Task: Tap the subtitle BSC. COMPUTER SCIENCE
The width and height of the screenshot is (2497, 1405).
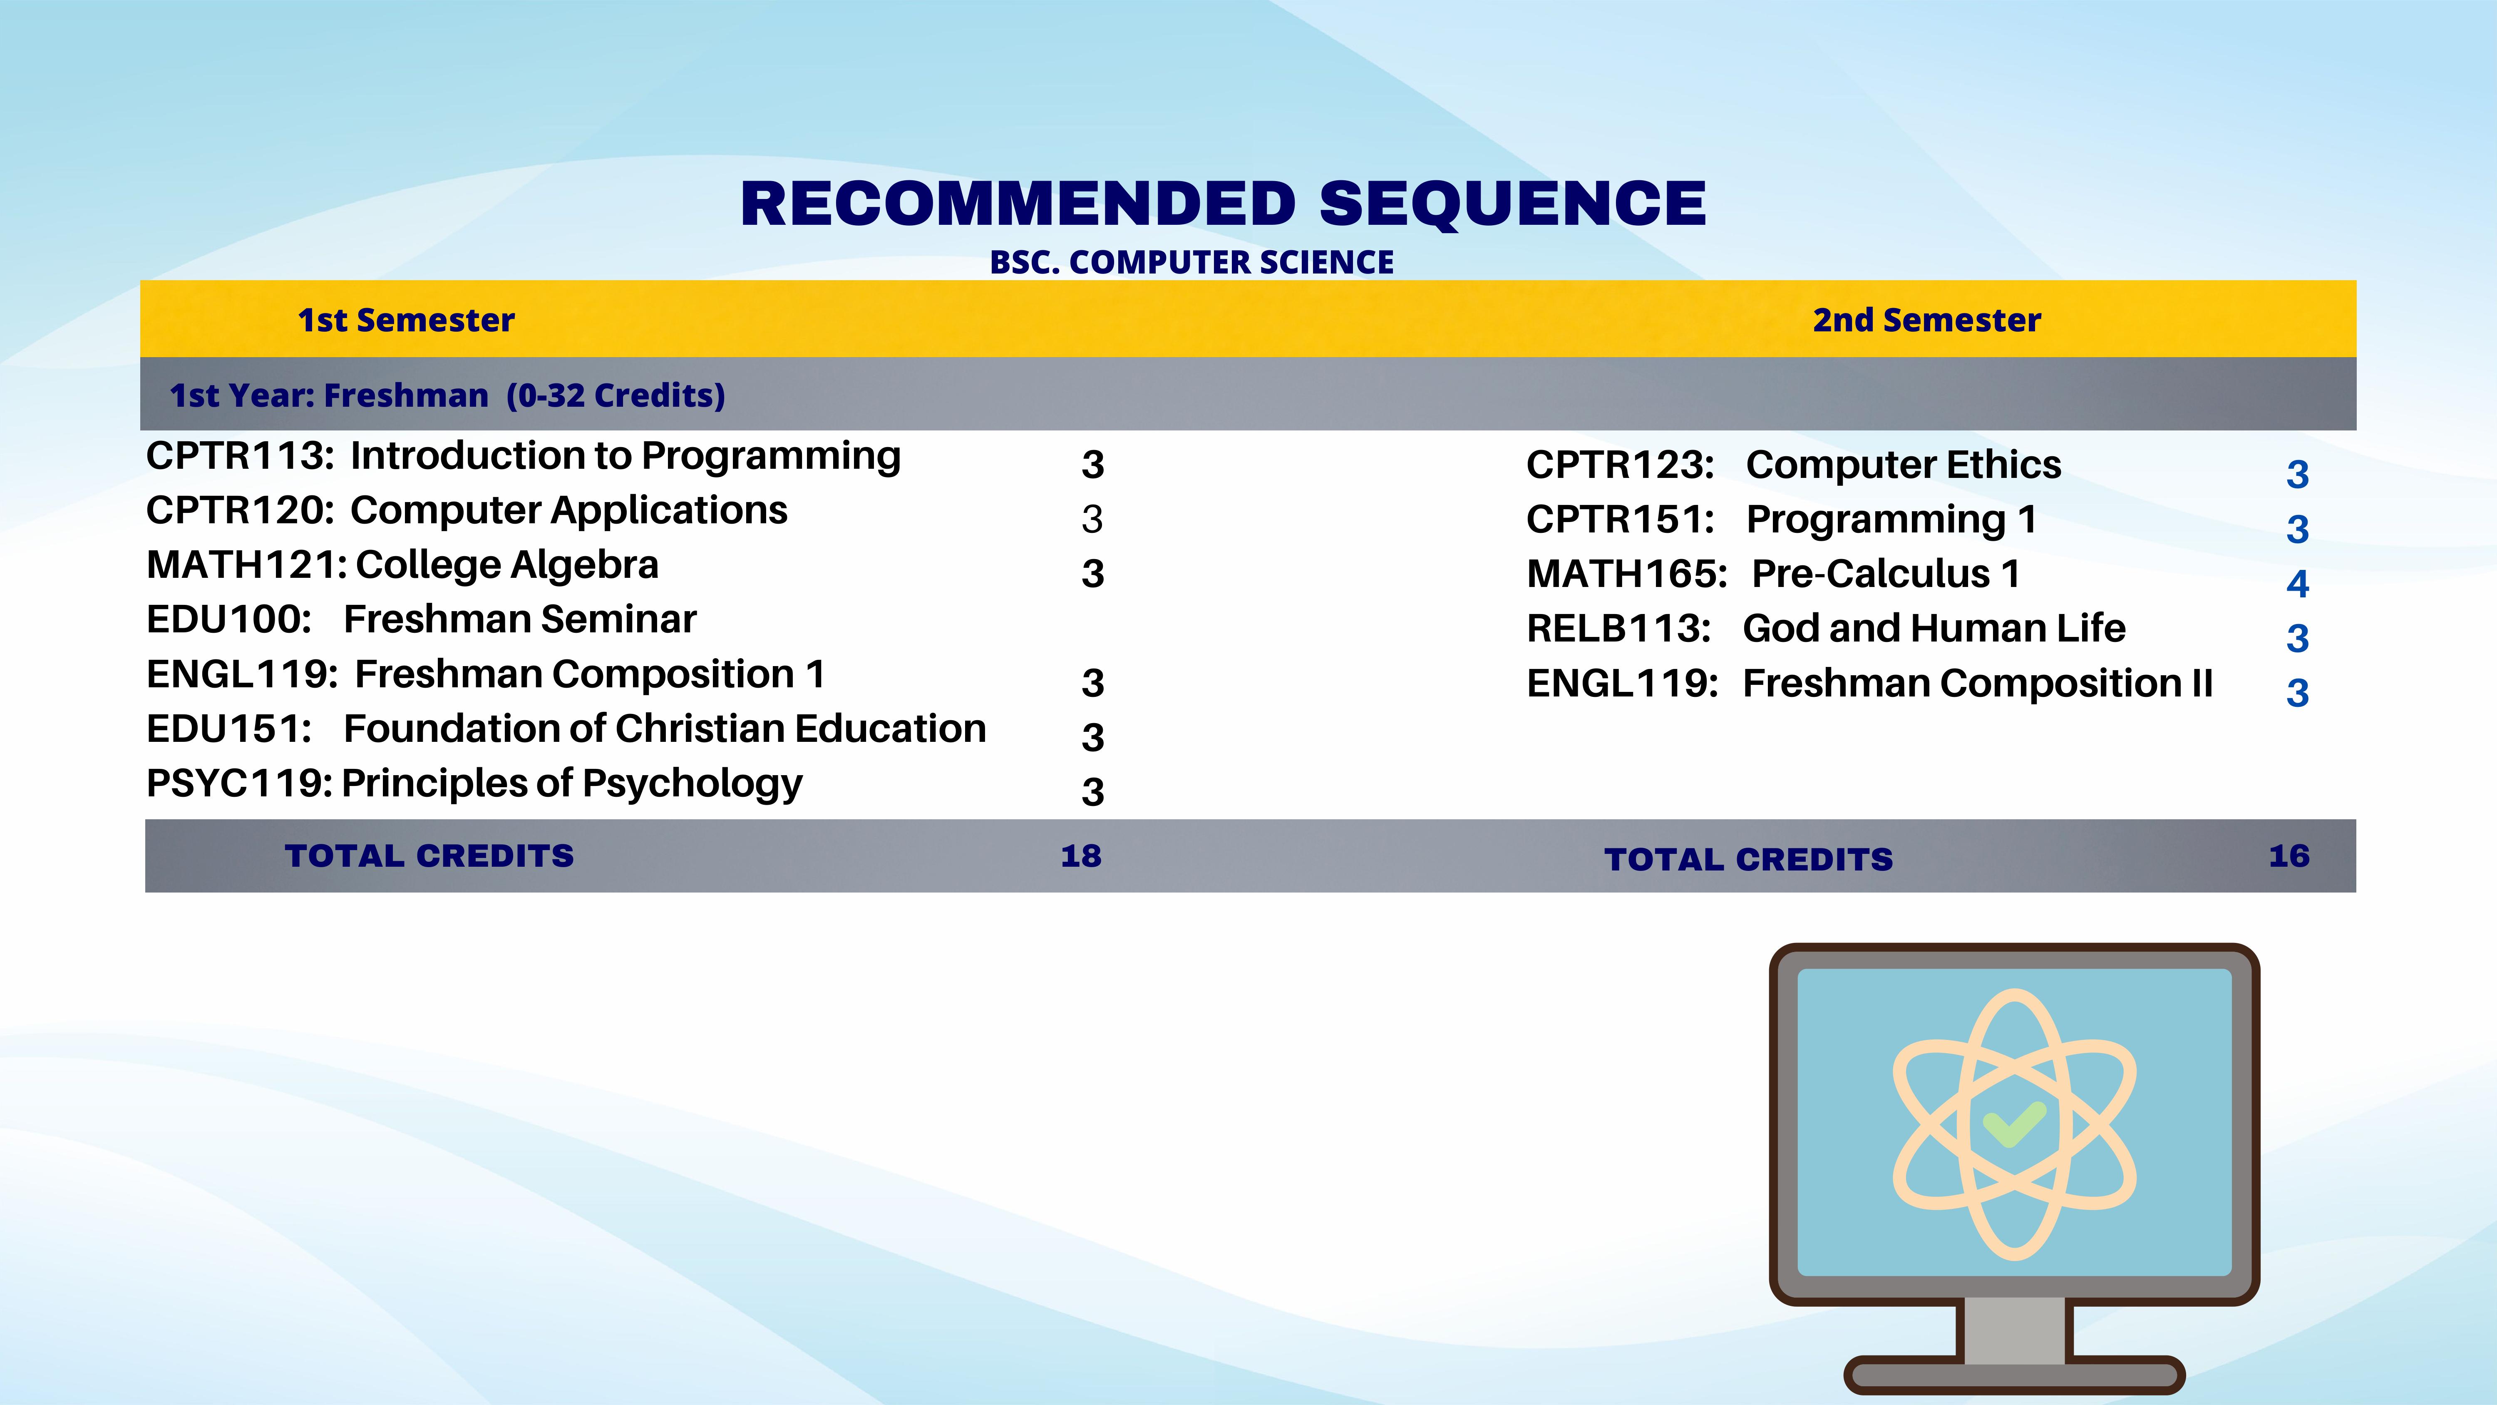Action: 1191,263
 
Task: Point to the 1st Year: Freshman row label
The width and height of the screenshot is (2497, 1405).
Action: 447,395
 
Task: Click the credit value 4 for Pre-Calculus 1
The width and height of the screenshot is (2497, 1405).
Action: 2297,584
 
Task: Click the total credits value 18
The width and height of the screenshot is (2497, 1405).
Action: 1081,856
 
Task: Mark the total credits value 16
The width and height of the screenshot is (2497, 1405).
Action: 2289,856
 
